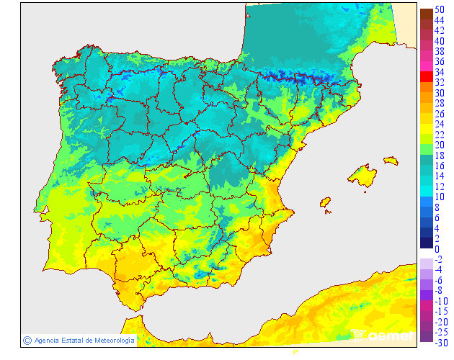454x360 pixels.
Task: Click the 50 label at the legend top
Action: coord(439,9)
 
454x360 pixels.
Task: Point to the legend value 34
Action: coord(439,72)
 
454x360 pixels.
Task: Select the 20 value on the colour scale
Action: coord(439,145)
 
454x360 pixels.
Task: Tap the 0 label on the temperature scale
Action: coord(437,249)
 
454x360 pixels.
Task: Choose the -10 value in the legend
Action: coord(441,301)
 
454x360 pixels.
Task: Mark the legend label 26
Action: coord(439,114)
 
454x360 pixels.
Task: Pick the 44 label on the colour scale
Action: coord(439,20)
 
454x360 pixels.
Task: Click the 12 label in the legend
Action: coord(439,186)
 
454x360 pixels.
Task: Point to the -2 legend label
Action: coord(439,259)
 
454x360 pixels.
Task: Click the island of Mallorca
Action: coord(363,175)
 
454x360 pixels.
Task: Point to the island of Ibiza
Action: coord(326,203)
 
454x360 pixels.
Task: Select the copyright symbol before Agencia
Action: coord(27,340)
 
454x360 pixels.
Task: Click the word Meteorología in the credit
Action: coord(110,340)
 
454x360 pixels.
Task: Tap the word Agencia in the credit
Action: coord(46,340)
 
